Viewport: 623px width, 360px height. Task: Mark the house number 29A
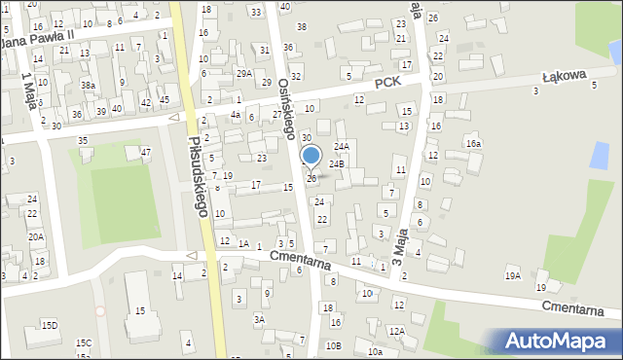click(243, 73)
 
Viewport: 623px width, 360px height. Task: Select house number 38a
click(88, 86)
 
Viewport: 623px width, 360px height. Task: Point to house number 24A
click(342, 146)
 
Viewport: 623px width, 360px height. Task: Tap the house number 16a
click(473, 144)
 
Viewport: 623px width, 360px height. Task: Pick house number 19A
click(512, 276)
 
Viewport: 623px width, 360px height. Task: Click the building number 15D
click(49, 325)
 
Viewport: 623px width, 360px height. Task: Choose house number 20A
click(35, 236)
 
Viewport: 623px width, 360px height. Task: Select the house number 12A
click(396, 331)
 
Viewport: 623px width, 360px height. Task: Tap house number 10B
click(334, 345)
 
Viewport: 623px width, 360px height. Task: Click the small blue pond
click(600, 154)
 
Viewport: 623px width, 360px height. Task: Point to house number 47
click(145, 152)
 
